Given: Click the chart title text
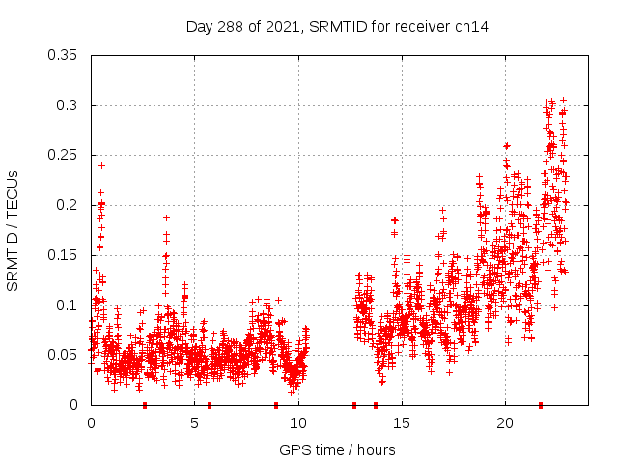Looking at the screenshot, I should point(337,27).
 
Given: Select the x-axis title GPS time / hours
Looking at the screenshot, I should point(337,449).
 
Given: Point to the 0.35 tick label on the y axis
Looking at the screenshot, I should point(63,55).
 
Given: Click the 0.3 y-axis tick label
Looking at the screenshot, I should point(67,105).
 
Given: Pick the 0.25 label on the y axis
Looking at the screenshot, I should point(63,155).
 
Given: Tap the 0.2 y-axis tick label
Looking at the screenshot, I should point(67,205).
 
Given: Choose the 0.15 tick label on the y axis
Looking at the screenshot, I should point(63,255).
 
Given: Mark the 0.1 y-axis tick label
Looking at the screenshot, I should point(67,305).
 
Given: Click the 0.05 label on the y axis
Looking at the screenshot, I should point(63,355).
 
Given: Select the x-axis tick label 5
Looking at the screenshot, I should point(194,423).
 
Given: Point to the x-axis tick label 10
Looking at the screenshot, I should point(297,423).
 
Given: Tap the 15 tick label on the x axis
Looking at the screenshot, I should point(402,423).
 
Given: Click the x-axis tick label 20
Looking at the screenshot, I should point(505,423).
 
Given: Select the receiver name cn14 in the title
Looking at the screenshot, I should point(472,27).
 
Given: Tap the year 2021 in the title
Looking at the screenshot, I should point(283,27).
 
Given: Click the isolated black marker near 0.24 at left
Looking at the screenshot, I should point(101,165).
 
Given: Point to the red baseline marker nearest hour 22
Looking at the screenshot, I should point(541,404).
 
